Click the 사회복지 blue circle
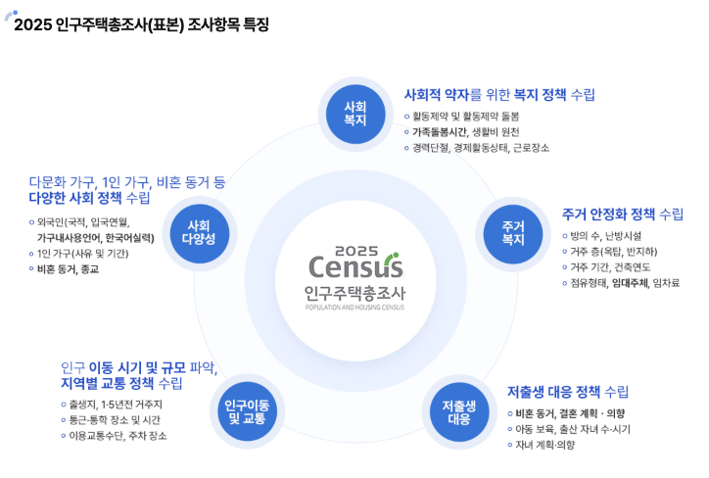354,113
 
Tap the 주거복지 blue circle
513,232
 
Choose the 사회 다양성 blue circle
201,232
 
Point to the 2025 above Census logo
354,249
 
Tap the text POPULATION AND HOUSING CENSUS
354,307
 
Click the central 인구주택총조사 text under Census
354,292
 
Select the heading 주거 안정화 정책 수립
623,214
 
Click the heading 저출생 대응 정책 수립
568,391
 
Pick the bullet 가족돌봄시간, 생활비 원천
465,131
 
